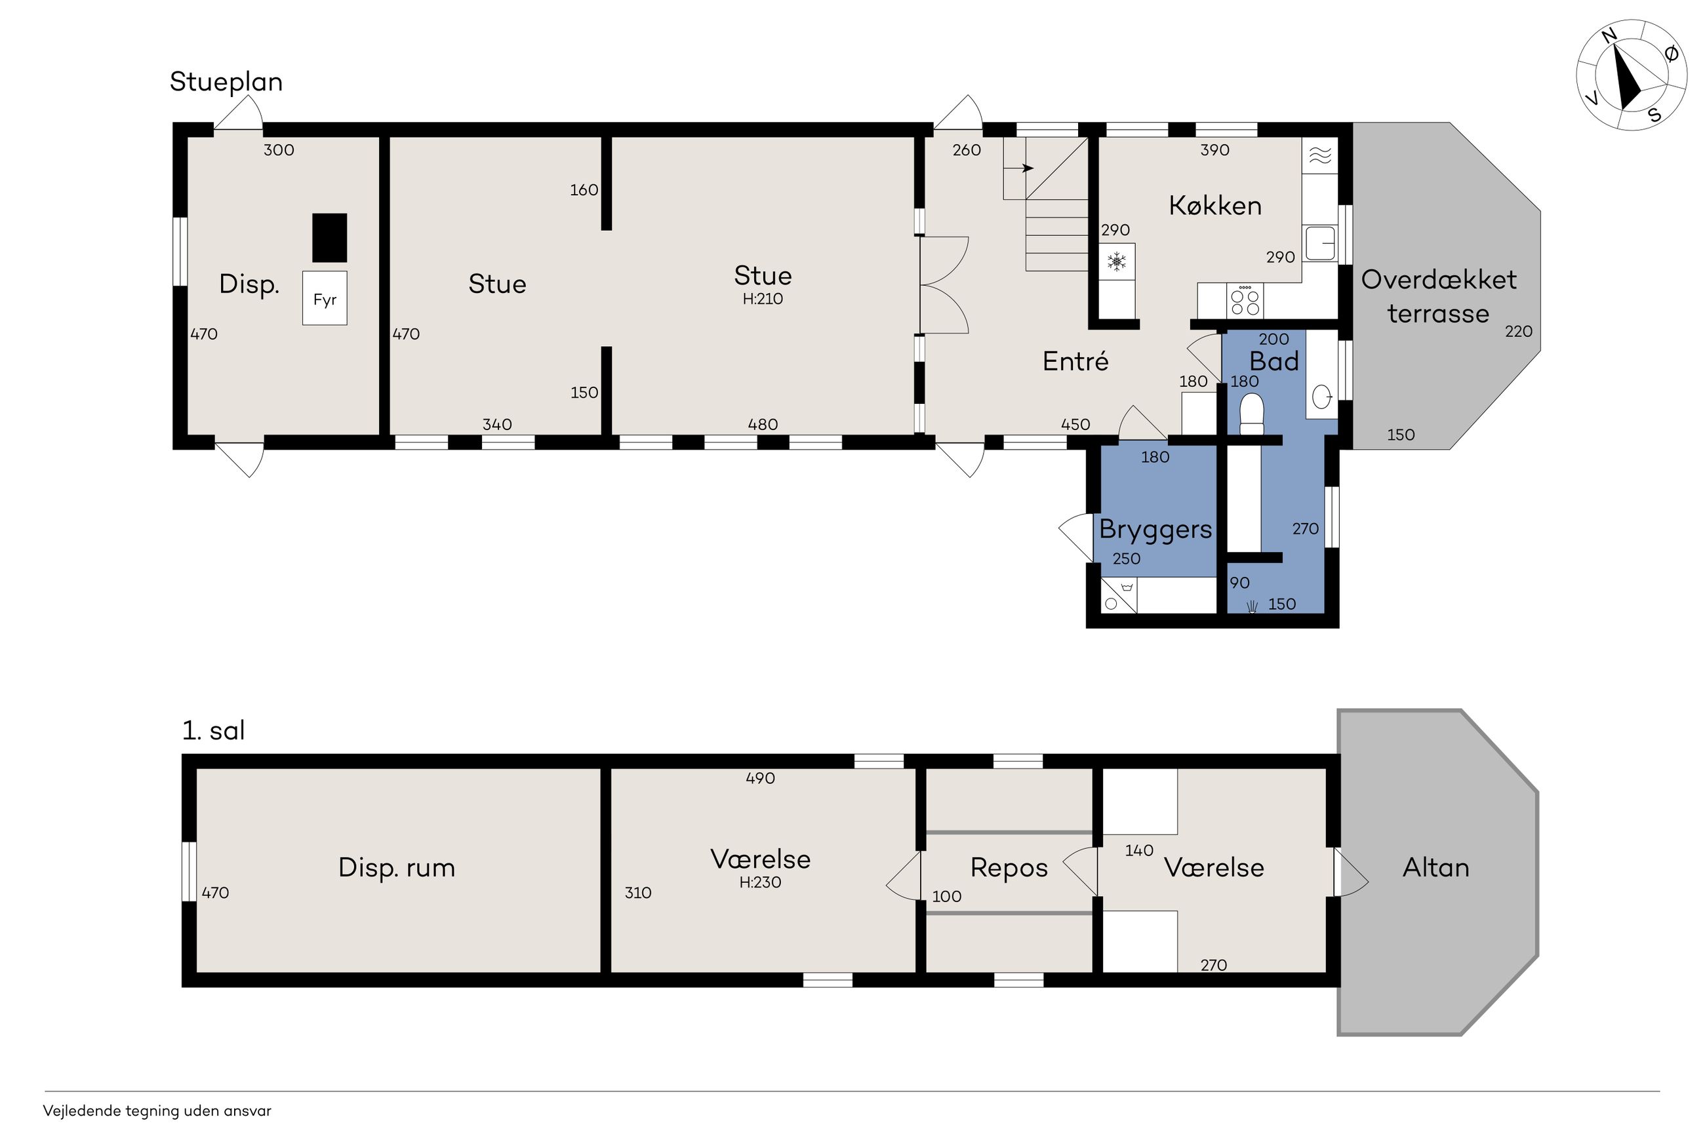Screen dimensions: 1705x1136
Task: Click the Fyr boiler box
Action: [x=325, y=298]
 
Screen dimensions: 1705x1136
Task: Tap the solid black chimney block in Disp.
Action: [x=330, y=238]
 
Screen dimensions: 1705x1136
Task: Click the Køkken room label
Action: [x=1215, y=206]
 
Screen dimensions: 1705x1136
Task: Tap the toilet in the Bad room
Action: [x=1251, y=414]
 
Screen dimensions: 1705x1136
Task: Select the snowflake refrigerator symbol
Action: [x=1117, y=262]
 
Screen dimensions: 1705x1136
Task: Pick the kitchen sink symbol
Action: [x=1320, y=243]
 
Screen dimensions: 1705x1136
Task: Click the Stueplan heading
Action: [x=226, y=82]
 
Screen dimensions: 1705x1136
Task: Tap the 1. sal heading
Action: [x=213, y=730]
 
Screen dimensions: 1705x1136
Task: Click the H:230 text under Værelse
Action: [x=760, y=882]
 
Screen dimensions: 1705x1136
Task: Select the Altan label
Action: [x=1436, y=867]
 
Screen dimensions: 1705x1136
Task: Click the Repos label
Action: [x=1009, y=868]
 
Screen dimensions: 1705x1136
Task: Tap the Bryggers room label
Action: [x=1155, y=530]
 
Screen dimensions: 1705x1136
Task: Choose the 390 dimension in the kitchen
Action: [x=1215, y=150]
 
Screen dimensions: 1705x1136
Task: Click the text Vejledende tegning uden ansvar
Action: [x=157, y=1110]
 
